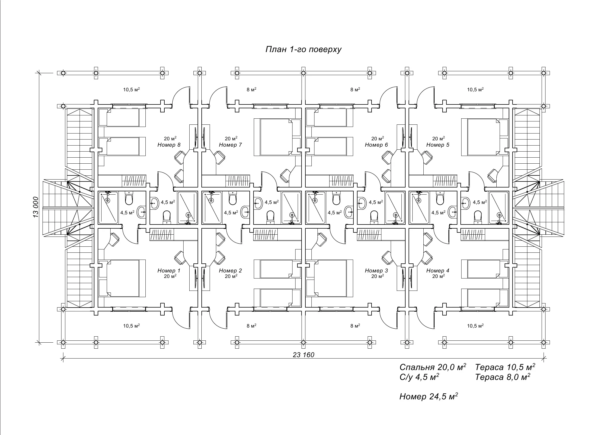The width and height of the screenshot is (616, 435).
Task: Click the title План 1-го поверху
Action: point(303,49)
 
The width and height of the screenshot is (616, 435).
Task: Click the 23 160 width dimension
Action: point(303,355)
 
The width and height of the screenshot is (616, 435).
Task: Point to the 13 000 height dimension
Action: point(36,207)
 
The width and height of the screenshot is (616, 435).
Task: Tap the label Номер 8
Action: point(169,145)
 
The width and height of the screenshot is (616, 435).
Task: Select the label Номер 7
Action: point(230,145)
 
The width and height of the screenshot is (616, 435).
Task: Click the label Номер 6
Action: point(376,145)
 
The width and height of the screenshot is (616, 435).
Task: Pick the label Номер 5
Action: point(438,145)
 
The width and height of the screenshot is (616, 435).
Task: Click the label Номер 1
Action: point(169,271)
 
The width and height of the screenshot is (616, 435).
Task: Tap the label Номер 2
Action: point(230,271)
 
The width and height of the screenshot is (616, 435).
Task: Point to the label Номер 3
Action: point(376,271)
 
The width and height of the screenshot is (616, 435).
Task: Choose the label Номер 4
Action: point(438,271)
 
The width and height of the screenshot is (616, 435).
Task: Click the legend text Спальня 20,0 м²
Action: point(433,367)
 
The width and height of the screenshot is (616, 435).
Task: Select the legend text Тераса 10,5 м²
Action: point(505,367)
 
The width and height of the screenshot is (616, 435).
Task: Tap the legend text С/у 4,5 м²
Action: point(419,377)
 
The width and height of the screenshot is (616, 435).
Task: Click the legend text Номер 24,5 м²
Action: point(429,396)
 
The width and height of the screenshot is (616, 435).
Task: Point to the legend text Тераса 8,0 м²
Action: point(503,377)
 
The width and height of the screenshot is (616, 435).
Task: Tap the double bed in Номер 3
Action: point(329,278)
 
